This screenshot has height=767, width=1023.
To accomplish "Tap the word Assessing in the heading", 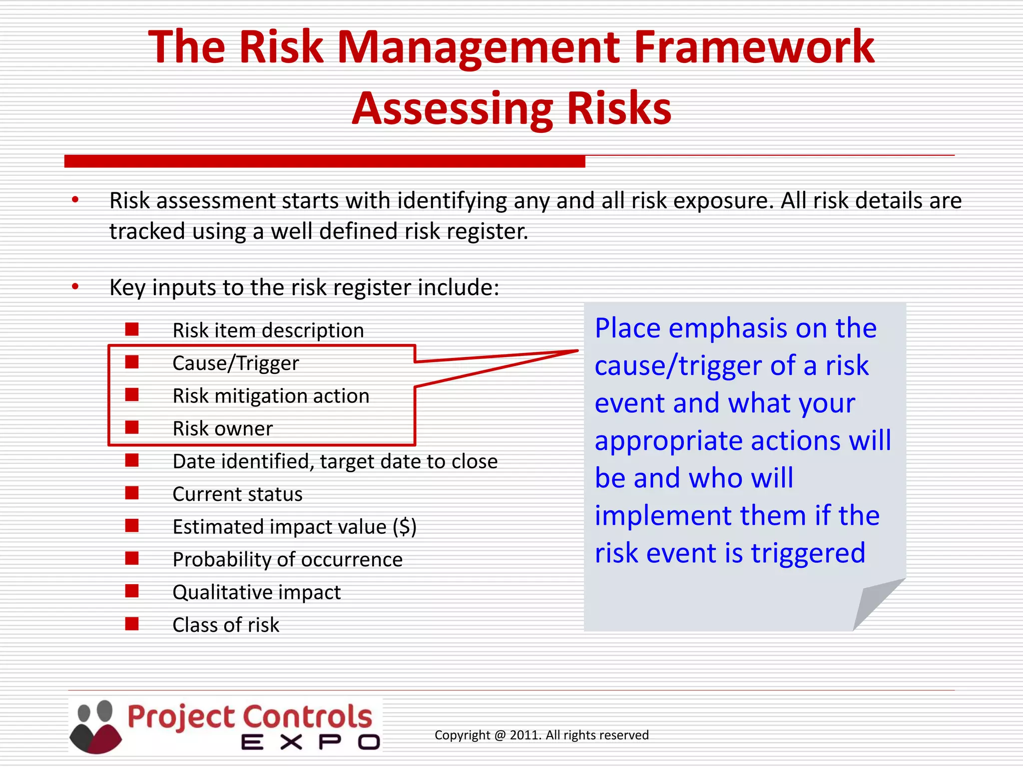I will [x=453, y=109].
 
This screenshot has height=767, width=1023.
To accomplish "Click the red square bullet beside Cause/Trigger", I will [x=132, y=362].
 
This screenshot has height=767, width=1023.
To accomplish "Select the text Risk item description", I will [x=268, y=331].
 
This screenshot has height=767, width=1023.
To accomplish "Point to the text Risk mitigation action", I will [x=271, y=396].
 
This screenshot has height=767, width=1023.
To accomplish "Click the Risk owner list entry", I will [x=222, y=428].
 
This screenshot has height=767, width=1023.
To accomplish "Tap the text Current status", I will [x=237, y=494].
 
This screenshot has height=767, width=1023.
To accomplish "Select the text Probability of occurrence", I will [x=287, y=560].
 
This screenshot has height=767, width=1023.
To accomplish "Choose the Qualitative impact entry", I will [x=256, y=593].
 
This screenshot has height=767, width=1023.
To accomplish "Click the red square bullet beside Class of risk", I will [x=132, y=624].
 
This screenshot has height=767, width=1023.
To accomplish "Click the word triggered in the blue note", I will [x=808, y=553].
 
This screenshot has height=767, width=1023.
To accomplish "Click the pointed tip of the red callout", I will [x=577, y=351].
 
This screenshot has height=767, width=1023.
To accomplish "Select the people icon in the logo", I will [x=95, y=727].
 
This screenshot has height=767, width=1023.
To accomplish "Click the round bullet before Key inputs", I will [x=75, y=287].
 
